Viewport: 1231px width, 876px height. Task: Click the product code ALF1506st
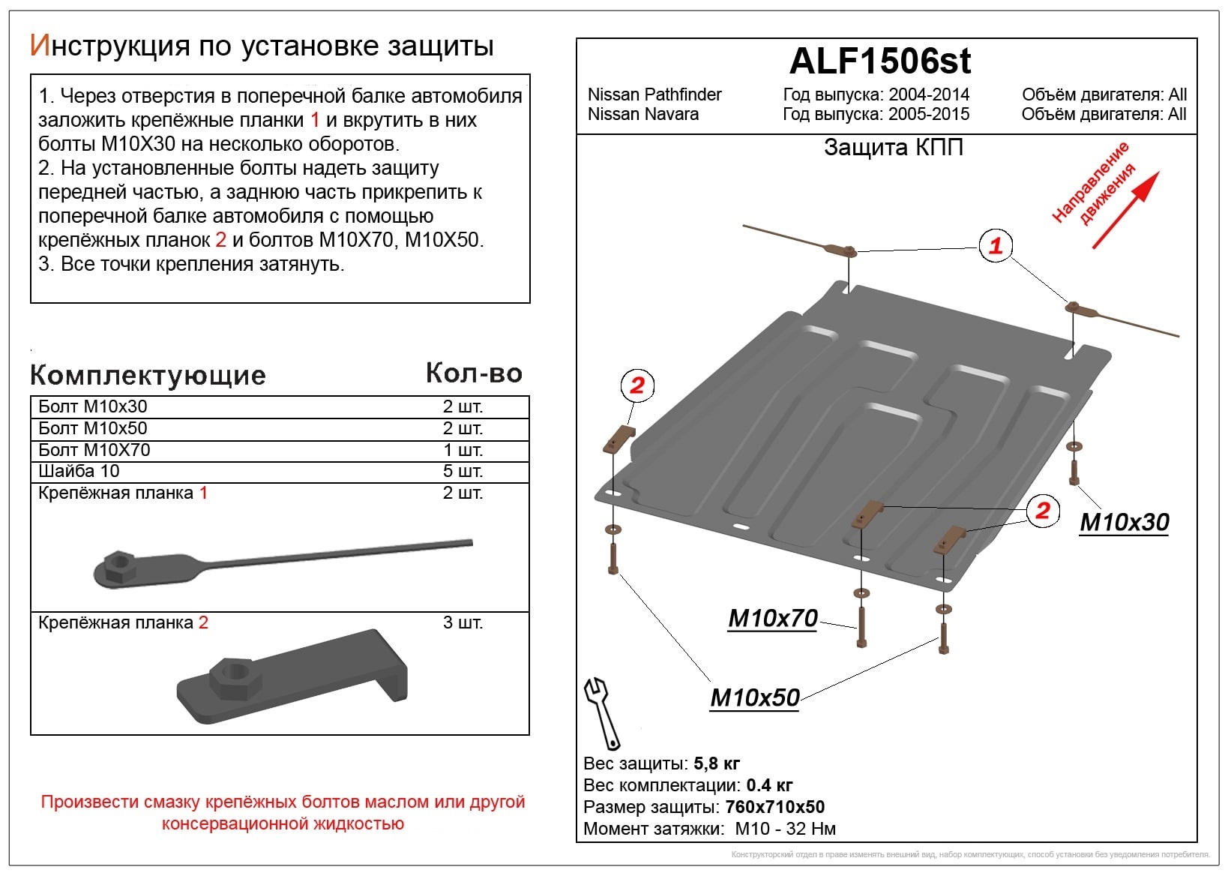coord(880,61)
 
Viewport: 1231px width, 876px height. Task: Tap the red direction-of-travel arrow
coord(1125,210)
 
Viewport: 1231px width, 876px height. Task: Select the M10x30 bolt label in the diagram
coord(1124,522)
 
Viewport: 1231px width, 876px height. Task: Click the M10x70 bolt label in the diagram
coord(772,618)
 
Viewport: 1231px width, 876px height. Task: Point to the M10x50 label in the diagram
coord(755,697)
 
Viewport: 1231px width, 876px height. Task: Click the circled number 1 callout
coord(996,245)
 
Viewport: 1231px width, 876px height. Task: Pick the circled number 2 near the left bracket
coord(637,385)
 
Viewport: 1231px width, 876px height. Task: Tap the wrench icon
coord(602,712)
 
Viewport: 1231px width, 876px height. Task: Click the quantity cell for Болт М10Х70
coord(463,450)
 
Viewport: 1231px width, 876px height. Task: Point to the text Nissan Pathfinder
coord(654,94)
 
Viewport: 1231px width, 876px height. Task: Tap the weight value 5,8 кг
coord(717,763)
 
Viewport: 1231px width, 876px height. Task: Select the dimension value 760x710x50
coord(774,807)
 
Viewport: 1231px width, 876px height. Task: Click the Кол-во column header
coord(474,373)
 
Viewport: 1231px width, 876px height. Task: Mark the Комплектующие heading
coord(148,375)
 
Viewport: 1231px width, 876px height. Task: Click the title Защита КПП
coord(893,147)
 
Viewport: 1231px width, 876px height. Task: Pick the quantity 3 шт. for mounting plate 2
coord(463,622)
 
